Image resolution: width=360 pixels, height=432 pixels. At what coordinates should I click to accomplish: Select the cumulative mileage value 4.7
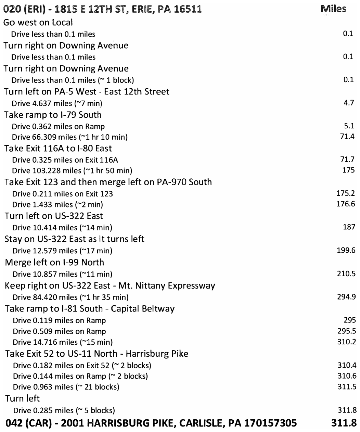coord(348,103)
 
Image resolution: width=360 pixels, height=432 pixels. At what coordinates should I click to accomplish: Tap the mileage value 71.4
coord(347,137)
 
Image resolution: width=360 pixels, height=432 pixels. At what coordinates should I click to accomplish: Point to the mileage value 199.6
coord(346,250)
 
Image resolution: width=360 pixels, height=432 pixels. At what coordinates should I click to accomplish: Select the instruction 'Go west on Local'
coord(38,23)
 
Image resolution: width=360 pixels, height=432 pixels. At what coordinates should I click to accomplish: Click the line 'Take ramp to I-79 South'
coord(53,115)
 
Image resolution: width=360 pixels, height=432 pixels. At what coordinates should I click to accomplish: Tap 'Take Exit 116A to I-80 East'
coord(58,149)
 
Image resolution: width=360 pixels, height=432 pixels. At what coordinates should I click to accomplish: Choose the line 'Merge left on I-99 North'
coord(54,263)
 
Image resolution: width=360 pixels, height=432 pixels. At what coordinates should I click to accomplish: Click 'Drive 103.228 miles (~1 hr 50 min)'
coord(72,170)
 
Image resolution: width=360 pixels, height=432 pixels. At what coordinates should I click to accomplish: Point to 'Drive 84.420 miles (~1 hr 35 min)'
coord(70,297)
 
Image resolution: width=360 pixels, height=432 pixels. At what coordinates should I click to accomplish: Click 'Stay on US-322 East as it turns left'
coord(74,239)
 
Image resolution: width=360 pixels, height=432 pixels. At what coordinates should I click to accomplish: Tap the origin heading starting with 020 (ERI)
coord(102,10)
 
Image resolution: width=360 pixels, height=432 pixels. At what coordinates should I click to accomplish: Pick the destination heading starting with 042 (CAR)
coord(152,423)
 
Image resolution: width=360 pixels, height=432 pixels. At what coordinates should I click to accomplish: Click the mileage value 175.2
coord(346,193)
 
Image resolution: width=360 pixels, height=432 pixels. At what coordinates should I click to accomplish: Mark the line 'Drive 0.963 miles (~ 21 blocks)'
coord(66,387)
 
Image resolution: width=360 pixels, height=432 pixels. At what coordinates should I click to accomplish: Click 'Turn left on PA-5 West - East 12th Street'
coord(87,92)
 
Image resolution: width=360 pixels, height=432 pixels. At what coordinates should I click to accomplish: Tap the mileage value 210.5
coord(346,274)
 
